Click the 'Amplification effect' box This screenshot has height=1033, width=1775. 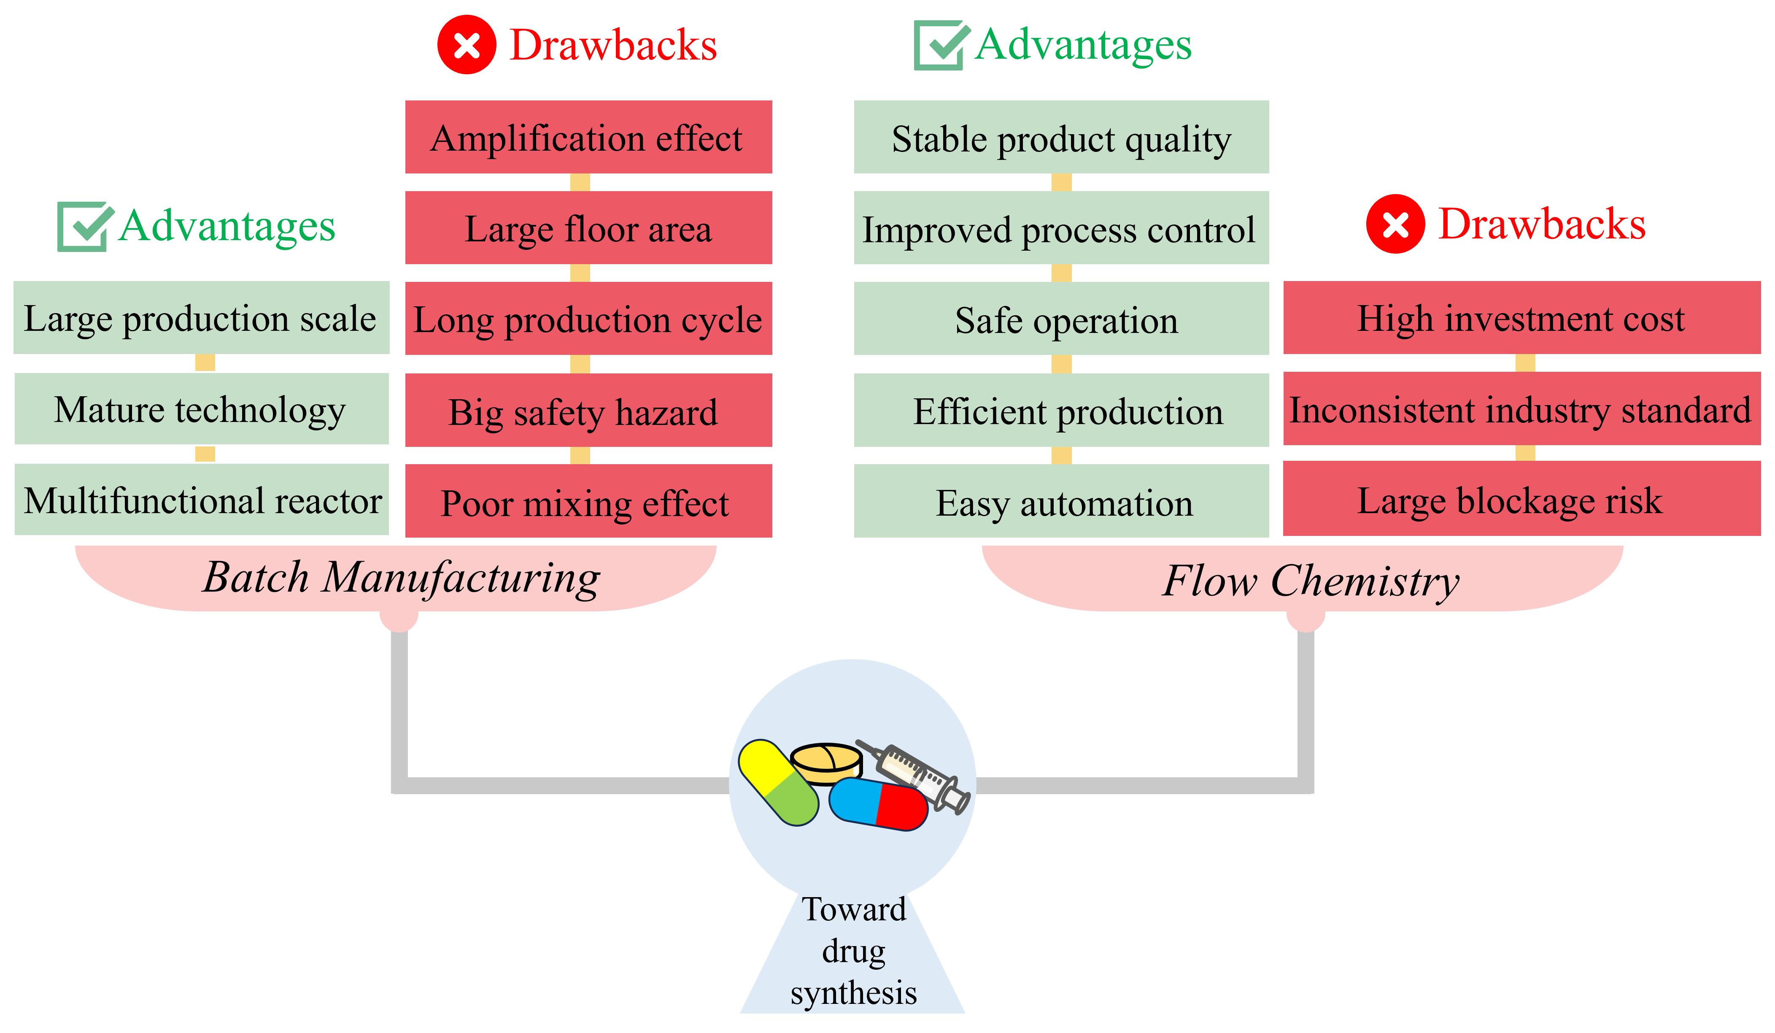[588, 137]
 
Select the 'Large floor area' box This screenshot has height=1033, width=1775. [588, 227]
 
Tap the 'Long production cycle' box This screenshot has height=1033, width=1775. [588, 319]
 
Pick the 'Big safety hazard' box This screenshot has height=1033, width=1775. [588, 410]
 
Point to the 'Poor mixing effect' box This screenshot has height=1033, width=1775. [588, 501]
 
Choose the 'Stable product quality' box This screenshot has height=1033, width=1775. [1061, 137]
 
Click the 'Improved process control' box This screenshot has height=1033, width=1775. [1061, 227]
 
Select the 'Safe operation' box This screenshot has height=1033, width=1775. [1061, 319]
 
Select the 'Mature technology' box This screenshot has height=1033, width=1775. [202, 409]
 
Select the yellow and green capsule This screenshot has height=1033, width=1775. [778, 782]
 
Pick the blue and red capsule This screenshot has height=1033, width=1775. [878, 804]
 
